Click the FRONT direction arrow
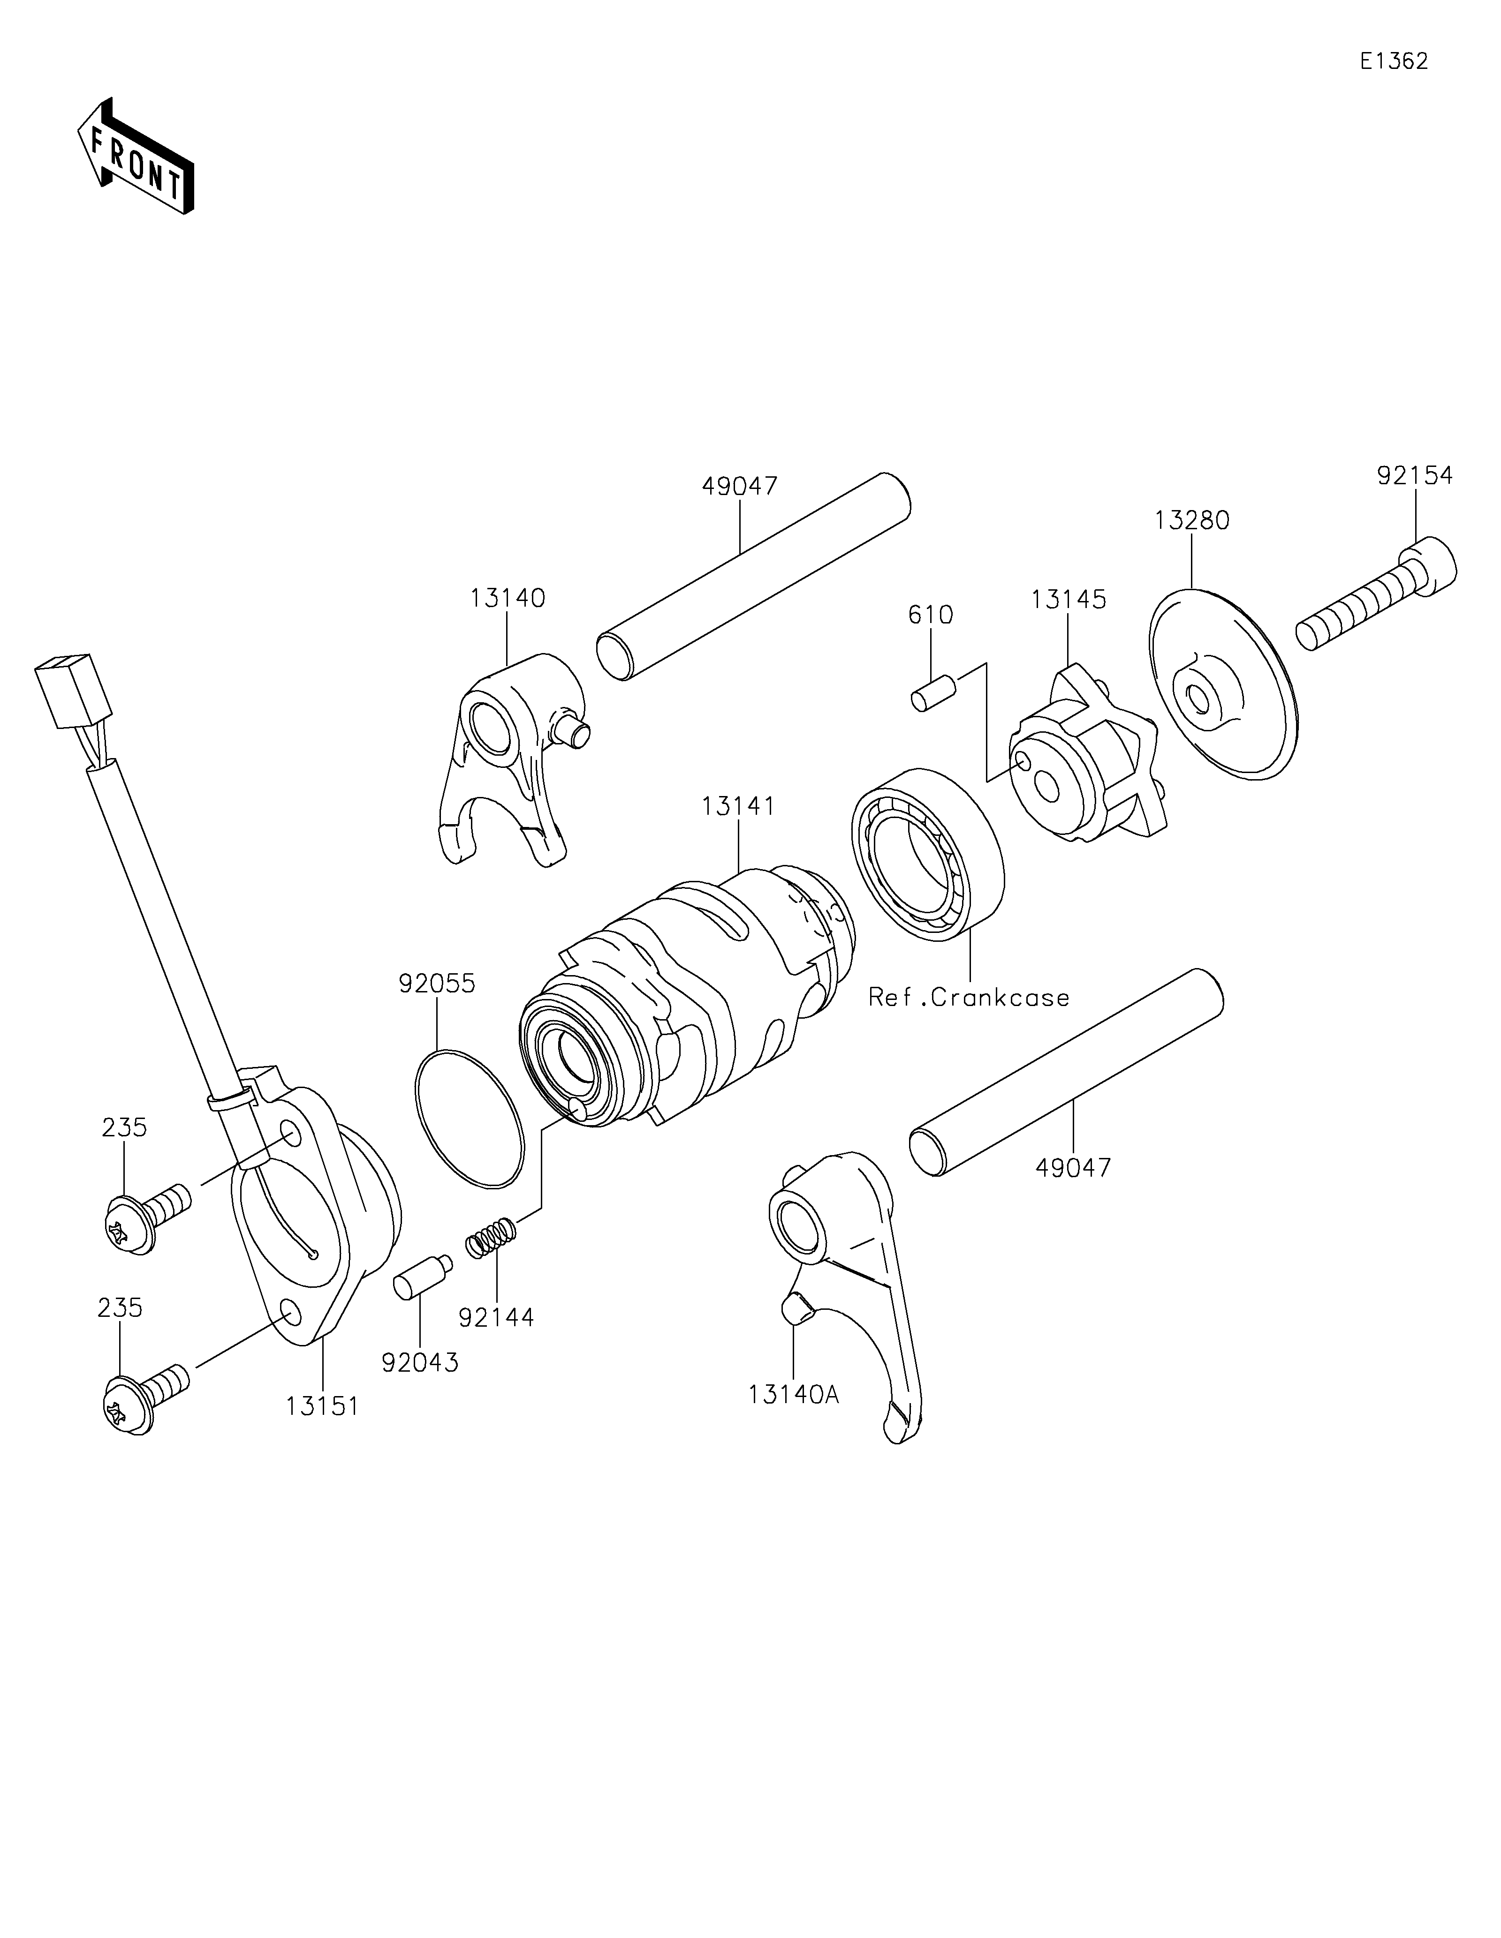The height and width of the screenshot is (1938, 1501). [x=136, y=156]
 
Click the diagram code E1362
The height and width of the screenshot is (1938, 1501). [x=1394, y=61]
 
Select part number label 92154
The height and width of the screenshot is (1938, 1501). [x=1415, y=476]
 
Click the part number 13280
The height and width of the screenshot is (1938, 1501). [x=1191, y=521]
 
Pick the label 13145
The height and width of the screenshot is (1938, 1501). [x=1068, y=600]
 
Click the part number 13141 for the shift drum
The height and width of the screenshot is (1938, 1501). [x=738, y=807]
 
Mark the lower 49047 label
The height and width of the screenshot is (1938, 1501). [x=1072, y=1168]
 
